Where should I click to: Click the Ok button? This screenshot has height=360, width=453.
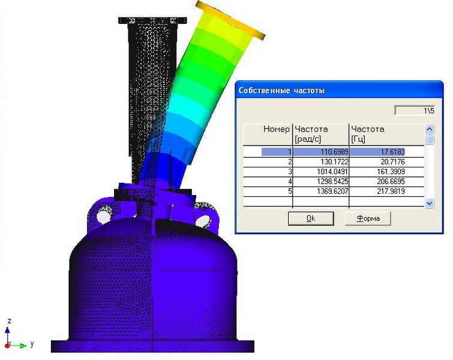(x=311, y=218)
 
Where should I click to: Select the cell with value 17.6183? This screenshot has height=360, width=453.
(x=386, y=152)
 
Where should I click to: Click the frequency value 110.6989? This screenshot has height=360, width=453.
(x=320, y=152)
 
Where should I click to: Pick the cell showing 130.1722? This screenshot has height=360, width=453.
(x=320, y=161)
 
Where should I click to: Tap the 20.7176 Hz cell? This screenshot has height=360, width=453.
(x=386, y=161)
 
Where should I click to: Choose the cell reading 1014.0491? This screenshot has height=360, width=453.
(x=320, y=172)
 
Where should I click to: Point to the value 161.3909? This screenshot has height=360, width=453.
(x=386, y=172)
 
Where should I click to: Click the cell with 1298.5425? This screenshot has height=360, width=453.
(x=320, y=181)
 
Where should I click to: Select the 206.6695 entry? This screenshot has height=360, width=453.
(x=386, y=181)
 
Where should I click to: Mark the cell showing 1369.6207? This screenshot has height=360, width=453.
(x=320, y=191)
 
